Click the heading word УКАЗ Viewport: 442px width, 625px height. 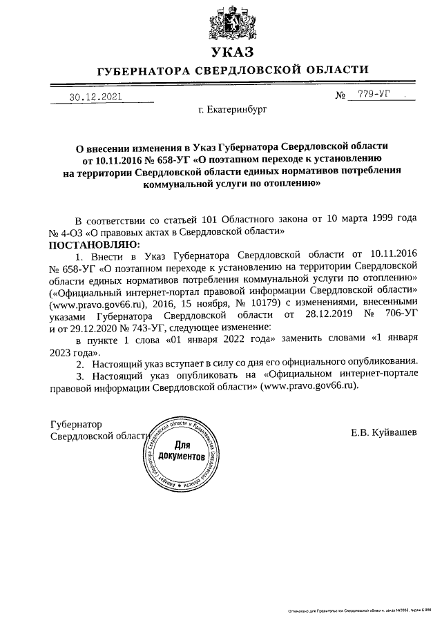[x=233, y=53]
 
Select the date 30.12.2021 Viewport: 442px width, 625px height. [x=95, y=97]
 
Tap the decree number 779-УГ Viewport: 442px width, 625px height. [x=374, y=95]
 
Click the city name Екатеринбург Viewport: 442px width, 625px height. [x=232, y=109]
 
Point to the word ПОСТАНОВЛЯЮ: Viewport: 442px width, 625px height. [x=93, y=244]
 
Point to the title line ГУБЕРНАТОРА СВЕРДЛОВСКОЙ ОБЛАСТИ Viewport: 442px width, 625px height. [x=233, y=70]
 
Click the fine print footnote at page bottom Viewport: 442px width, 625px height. [x=359, y=610]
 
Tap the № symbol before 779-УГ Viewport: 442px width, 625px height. [x=340, y=96]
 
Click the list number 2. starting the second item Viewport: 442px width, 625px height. [x=80, y=363]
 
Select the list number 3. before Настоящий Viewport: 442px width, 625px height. [x=80, y=375]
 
